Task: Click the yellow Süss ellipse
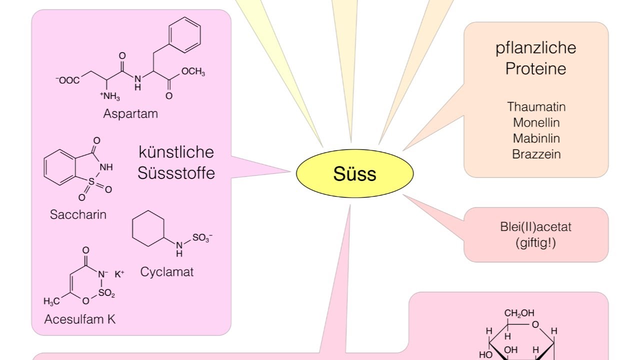click(x=354, y=173)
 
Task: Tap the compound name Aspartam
click(x=130, y=113)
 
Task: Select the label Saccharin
click(x=78, y=214)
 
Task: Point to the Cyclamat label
click(x=167, y=271)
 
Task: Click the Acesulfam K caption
click(x=80, y=319)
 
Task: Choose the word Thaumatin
click(x=536, y=107)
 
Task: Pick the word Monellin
click(x=536, y=122)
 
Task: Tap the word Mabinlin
click(x=536, y=138)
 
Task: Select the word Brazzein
click(x=536, y=154)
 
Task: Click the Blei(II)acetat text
click(x=535, y=227)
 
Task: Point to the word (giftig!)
click(x=535, y=243)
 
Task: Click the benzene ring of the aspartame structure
click(x=185, y=35)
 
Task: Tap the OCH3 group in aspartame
click(x=193, y=71)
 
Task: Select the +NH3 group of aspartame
click(x=110, y=96)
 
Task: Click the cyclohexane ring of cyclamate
click(x=148, y=228)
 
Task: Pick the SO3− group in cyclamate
click(x=202, y=237)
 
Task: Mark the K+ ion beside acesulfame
click(x=119, y=274)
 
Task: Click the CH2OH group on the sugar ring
click(x=519, y=313)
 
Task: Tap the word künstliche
click(x=176, y=152)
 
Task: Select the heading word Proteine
click(x=535, y=69)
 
